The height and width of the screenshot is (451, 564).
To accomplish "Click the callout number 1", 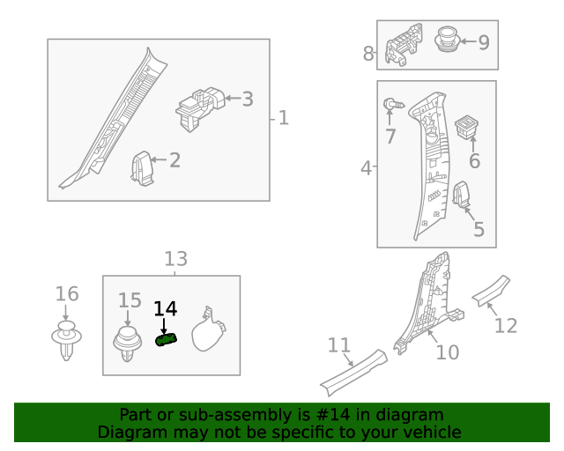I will click(284, 117).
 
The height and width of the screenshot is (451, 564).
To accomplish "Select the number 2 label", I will click(174, 160).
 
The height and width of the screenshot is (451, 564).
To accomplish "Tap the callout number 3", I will click(248, 100).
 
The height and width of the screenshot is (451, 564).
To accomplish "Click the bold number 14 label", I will click(165, 308).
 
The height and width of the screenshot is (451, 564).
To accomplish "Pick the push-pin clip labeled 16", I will click(66, 339).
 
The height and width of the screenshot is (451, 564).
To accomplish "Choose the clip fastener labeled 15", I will click(129, 344).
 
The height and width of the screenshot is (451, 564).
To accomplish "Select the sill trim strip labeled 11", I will click(352, 370).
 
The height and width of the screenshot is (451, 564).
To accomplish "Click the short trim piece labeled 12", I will click(491, 289).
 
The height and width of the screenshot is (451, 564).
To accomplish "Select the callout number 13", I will click(175, 259).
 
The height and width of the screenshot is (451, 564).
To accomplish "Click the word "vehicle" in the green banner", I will click(429, 432).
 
